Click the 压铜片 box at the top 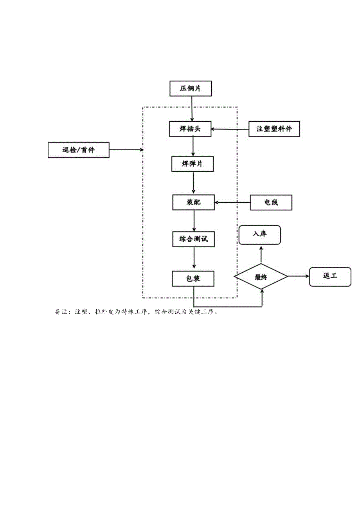(191, 88)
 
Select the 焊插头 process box (190, 129)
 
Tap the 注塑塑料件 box (274, 129)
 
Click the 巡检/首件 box (78, 150)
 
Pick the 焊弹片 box (193, 164)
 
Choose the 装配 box (193, 202)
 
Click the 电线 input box (271, 203)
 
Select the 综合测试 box (194, 239)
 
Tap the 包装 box (193, 279)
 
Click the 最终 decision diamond (261, 277)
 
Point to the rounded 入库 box (260, 235)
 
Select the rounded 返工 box (330, 276)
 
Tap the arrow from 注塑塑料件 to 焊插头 (230, 129)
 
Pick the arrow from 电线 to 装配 (232, 202)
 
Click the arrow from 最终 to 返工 (299, 276)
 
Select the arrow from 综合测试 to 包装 (194, 259)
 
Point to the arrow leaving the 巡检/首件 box (126, 149)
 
